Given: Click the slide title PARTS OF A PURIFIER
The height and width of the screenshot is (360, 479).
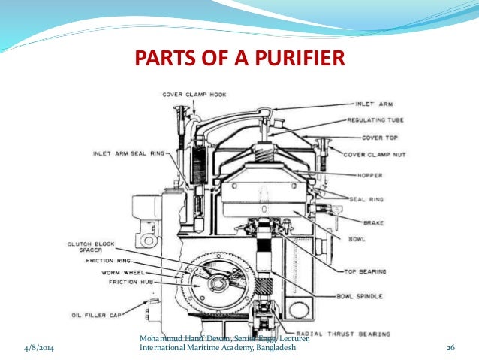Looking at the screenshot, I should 239,58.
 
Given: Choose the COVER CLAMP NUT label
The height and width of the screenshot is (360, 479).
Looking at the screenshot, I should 375,154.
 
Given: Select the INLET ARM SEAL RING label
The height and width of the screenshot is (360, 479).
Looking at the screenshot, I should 128,154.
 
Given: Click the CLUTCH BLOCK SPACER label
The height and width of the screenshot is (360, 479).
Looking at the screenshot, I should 90,247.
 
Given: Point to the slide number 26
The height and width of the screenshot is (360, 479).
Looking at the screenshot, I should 451,349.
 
